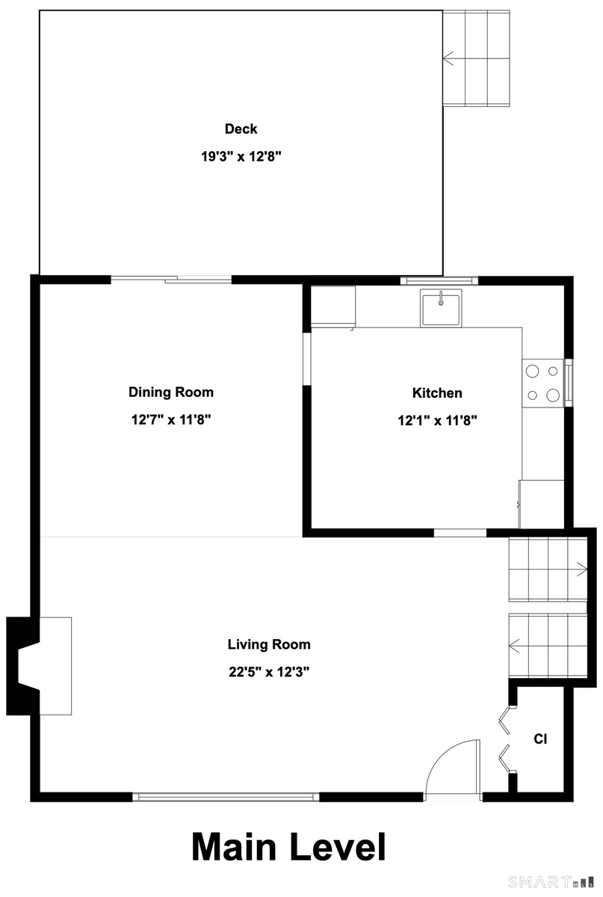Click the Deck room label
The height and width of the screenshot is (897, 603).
coord(241,129)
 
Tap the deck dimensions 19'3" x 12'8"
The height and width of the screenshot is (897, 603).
coord(241,156)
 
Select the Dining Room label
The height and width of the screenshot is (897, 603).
coord(171,392)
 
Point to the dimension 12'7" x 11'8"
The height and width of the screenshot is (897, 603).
coord(171,419)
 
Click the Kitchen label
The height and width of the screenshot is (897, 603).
coord(437,393)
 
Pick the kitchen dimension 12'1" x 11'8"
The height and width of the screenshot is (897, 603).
coord(437,420)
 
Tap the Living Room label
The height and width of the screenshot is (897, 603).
coord(269,644)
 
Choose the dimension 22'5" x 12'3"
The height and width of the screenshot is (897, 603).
coord(269,671)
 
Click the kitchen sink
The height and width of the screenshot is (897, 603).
coord(440,307)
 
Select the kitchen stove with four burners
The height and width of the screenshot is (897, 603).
coord(543,383)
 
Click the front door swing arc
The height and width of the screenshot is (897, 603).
coord(445,752)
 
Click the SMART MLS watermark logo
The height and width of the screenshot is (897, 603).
coord(551,881)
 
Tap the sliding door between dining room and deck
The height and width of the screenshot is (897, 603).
coord(171,279)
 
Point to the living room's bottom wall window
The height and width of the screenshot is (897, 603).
coord(226,797)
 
